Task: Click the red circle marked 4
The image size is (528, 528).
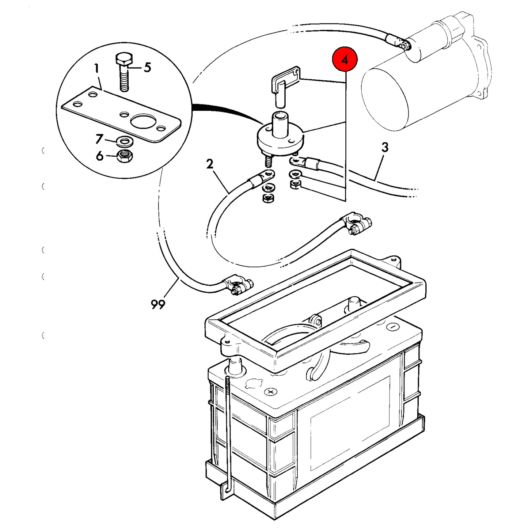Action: tap(345, 59)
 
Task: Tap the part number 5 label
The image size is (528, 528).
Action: tap(147, 67)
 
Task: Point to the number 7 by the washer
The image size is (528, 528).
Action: tap(99, 139)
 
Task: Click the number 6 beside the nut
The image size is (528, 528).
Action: tap(99, 156)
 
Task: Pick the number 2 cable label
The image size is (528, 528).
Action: tap(210, 164)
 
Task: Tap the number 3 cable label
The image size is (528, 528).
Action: tap(385, 147)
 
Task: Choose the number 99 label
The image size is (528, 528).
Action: tap(158, 304)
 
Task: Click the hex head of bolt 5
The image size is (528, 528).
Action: tap(124, 60)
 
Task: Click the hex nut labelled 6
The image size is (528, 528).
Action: tap(125, 156)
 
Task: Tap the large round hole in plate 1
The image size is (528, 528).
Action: tap(143, 121)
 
